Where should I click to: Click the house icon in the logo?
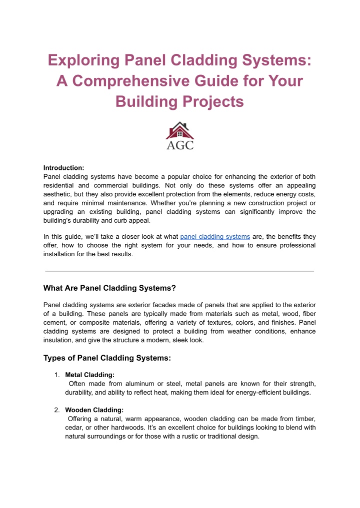179,130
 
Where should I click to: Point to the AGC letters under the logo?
179,145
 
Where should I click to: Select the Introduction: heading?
63,167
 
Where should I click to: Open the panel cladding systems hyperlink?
215,236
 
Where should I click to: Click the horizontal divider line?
179,271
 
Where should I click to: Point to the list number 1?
57,375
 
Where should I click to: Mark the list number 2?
57,410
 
